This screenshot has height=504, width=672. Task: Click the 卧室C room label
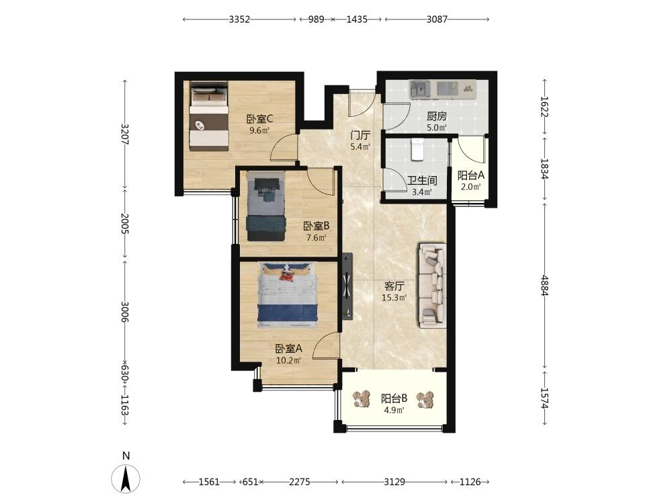coord(259,119)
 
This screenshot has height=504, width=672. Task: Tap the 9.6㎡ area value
coord(259,130)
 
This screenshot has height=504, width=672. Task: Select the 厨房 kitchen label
coord(437,116)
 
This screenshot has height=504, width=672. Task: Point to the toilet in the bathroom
coord(417,149)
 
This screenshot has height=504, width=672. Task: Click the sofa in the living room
coord(432,286)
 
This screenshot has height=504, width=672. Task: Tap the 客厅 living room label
coord(394,286)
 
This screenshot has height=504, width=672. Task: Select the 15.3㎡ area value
coord(394,298)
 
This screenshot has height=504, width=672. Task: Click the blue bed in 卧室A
coord(288,295)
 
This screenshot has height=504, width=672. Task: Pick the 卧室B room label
coord(317,226)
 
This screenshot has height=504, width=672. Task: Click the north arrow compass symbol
coord(126,478)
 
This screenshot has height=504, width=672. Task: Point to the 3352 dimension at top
coord(239,19)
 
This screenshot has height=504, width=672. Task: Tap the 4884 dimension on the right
coord(544,285)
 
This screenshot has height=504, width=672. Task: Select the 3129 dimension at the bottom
coord(394,482)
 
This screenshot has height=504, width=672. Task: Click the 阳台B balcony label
coord(394,398)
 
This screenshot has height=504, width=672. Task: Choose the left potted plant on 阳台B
coord(362,399)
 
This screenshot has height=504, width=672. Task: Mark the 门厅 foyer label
coord(360,136)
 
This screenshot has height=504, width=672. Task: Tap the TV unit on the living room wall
coord(347,286)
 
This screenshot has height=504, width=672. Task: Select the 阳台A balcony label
coord(470,175)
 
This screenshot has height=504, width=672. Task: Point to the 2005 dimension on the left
coord(125,223)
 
